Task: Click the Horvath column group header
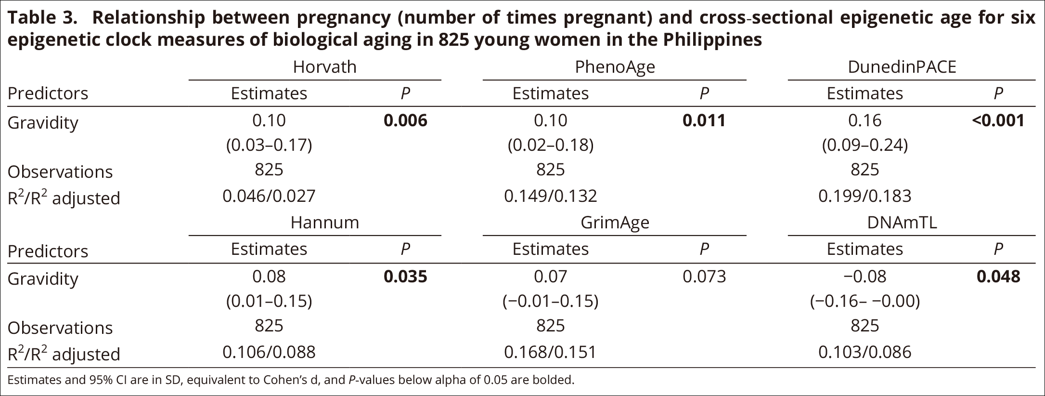(x=325, y=67)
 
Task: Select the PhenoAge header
(x=615, y=67)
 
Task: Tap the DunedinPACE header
(x=902, y=67)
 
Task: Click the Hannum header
(x=325, y=223)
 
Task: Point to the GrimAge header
(x=615, y=223)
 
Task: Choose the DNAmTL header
(x=902, y=223)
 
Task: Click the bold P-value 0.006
(x=405, y=120)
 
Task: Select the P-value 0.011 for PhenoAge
(x=704, y=120)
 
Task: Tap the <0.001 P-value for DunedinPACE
(x=998, y=120)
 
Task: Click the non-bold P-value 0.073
(x=704, y=277)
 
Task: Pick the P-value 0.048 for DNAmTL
(x=998, y=277)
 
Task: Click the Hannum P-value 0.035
(x=405, y=277)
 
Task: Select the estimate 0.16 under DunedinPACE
(x=864, y=120)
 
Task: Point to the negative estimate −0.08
(x=864, y=277)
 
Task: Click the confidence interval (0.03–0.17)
(x=269, y=145)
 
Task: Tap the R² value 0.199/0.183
(x=864, y=196)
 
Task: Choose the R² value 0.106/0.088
(x=269, y=352)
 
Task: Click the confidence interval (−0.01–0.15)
(x=550, y=301)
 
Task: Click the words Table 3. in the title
(x=42, y=18)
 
